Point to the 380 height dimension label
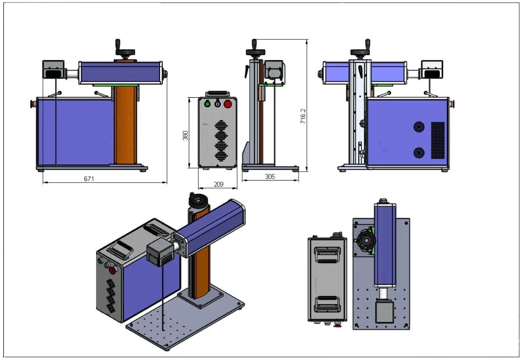pyautogui.click(x=186, y=135)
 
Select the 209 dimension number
pyautogui.click(x=218, y=184)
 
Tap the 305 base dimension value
pyautogui.click(x=270, y=177)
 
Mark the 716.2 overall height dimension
pyautogui.click(x=303, y=115)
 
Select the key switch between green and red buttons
pyautogui.click(x=217, y=103)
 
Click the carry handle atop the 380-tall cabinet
pyautogui.click(x=217, y=94)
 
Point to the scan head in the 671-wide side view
pyautogui.click(x=54, y=70)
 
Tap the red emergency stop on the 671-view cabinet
pyautogui.click(x=33, y=103)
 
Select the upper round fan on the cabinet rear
pyautogui.click(x=419, y=127)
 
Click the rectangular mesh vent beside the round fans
pyautogui.click(x=438, y=140)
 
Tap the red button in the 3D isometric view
pyautogui.click(x=113, y=271)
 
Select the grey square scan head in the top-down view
pyautogui.click(x=385, y=311)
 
